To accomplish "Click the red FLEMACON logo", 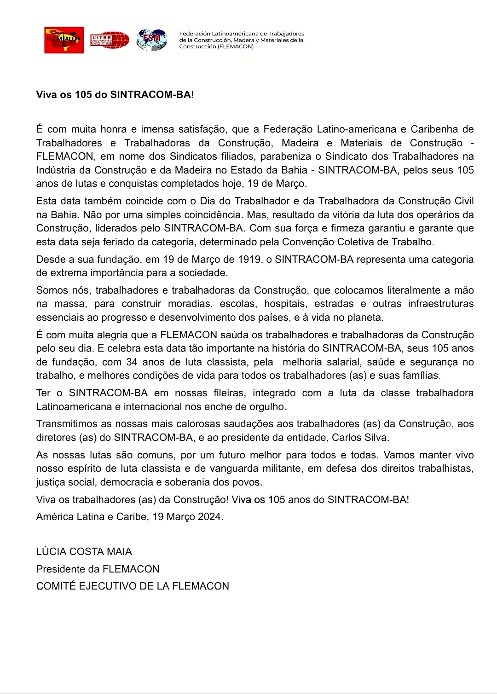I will tap(64, 40).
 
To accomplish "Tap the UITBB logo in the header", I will tap(110, 40).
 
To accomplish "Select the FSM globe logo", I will tap(151, 40).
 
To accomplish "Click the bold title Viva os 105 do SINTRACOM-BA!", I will tap(115, 95).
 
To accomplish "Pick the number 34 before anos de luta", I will tap(132, 362).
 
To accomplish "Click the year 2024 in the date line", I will tap(210, 517).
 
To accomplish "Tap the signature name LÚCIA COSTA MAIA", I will tap(84, 551).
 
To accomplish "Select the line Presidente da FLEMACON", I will tap(98, 569).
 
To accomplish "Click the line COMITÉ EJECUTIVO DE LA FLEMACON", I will tap(133, 586).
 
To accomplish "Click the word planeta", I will tap(366, 318).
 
